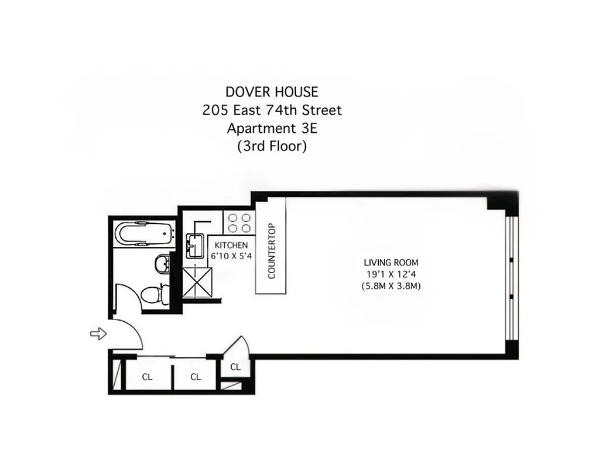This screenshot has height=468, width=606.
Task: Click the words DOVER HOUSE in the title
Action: [272, 92]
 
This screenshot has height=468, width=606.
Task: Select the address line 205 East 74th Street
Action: [272, 110]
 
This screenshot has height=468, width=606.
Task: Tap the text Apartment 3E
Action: [272, 128]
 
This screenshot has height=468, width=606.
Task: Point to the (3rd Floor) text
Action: [272, 146]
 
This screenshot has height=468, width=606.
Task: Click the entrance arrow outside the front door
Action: [98, 333]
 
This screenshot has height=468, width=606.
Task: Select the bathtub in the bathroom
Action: [144, 234]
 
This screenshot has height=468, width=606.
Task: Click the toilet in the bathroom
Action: [154, 294]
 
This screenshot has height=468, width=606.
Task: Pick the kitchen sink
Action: [194, 246]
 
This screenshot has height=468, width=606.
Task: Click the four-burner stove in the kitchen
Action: [239, 222]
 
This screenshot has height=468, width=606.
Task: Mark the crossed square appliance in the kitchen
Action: [197, 282]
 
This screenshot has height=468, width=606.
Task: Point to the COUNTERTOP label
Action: [271, 251]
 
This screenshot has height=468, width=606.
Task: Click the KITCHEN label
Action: [231, 245]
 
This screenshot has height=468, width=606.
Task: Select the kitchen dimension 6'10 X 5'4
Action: [231, 256]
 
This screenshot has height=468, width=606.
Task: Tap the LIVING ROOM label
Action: [391, 263]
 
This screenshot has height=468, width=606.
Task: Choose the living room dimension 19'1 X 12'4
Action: [391, 274]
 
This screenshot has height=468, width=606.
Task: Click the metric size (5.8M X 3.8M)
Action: [391, 286]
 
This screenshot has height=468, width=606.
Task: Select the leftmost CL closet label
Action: [147, 377]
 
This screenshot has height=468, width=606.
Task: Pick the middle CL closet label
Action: [196, 377]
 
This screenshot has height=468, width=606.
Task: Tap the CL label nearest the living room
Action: [235, 367]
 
